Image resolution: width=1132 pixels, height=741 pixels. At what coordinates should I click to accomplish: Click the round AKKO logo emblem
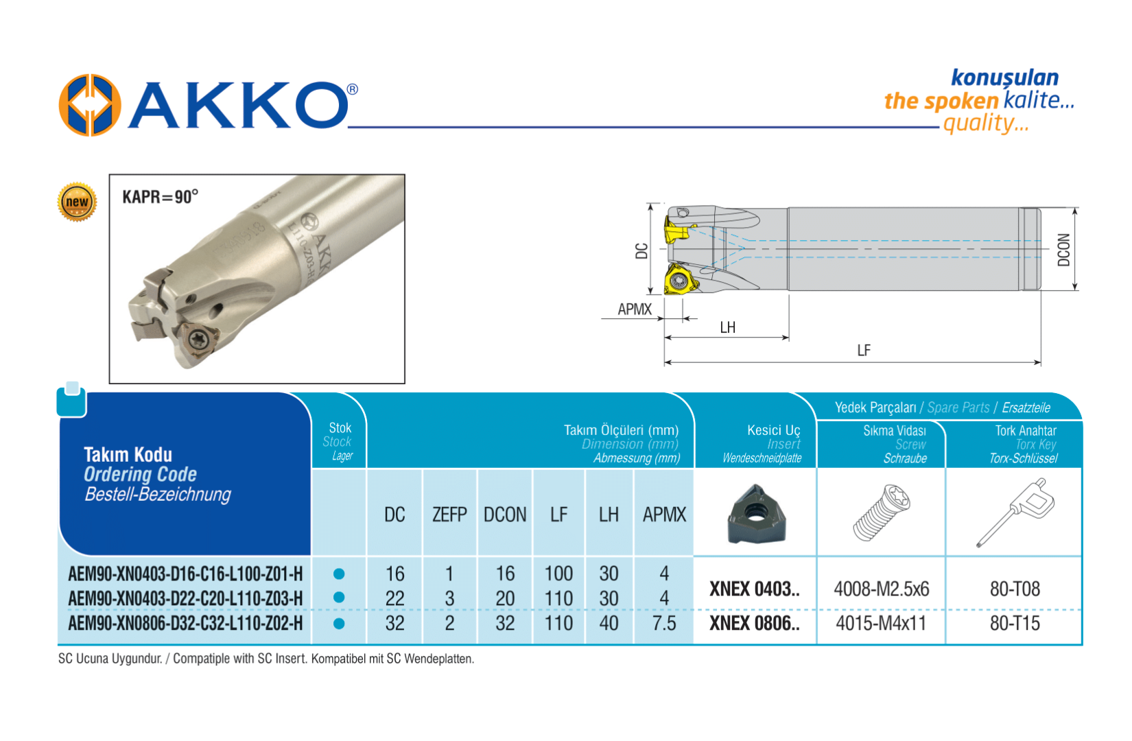click(x=90, y=105)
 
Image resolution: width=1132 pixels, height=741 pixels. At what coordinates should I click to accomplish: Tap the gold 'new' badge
click(x=77, y=202)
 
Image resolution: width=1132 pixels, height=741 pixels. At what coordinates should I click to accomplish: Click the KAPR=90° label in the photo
click(x=161, y=197)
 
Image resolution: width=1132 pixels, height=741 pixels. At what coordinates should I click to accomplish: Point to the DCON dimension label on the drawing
click(x=1064, y=250)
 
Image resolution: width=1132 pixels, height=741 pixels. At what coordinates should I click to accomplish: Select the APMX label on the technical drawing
click(x=635, y=309)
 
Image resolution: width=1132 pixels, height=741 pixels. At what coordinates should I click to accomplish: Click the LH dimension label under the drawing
click(x=728, y=327)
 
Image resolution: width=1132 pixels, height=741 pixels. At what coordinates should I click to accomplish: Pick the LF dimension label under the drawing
click(x=864, y=351)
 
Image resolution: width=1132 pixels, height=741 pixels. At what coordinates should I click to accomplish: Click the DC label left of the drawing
click(x=641, y=250)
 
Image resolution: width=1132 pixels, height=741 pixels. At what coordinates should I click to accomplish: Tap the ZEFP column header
click(x=449, y=515)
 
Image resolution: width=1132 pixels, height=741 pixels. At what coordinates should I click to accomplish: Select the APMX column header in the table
click(x=664, y=515)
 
